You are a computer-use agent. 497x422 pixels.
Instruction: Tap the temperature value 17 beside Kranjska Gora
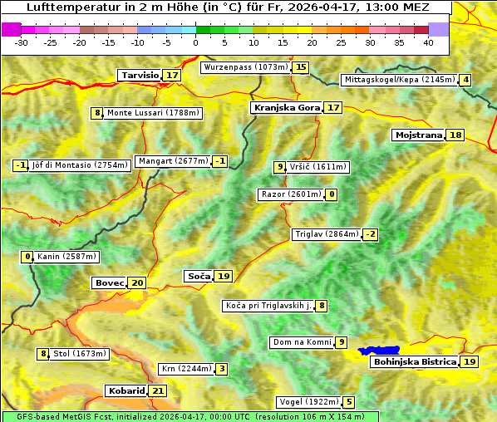(x=332, y=108)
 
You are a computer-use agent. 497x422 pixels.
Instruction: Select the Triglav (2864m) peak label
(x=327, y=234)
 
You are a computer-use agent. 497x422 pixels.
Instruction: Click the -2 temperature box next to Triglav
(x=371, y=234)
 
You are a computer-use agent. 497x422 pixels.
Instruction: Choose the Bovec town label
(x=109, y=283)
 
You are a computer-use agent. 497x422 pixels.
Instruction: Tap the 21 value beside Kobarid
(x=158, y=391)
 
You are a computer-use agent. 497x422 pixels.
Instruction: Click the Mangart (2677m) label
(x=173, y=161)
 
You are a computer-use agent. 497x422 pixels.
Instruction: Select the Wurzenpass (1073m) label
(x=246, y=67)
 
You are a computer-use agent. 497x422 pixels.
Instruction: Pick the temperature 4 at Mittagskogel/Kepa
(x=466, y=80)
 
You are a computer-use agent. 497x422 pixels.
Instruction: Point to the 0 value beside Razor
(x=332, y=194)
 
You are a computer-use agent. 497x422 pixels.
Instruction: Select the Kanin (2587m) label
(x=66, y=257)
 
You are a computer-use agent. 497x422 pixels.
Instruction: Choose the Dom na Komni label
(x=303, y=342)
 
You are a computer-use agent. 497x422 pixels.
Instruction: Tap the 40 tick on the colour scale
(x=428, y=42)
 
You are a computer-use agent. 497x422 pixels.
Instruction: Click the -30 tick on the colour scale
(x=22, y=42)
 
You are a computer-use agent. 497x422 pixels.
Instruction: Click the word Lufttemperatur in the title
(x=68, y=7)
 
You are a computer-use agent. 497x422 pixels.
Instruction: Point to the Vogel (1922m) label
(x=306, y=402)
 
